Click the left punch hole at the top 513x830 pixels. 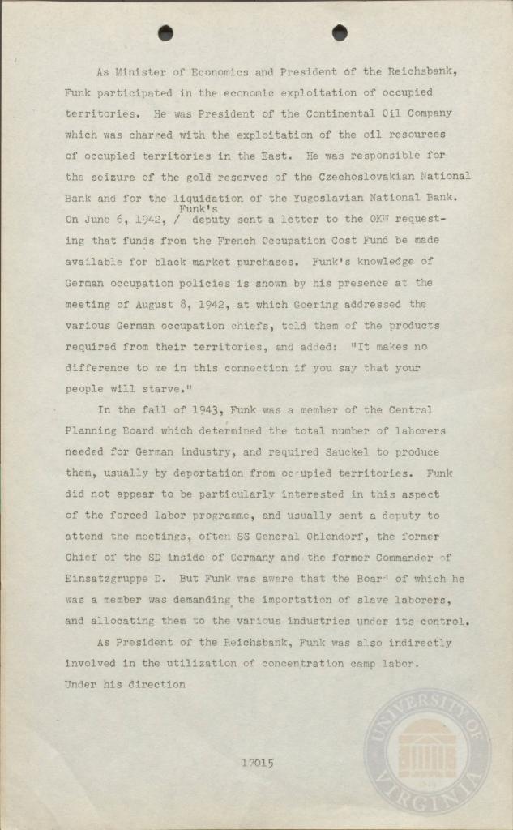165,32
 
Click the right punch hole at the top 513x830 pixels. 340,32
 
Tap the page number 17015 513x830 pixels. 258,763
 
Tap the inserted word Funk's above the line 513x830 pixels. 187,209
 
